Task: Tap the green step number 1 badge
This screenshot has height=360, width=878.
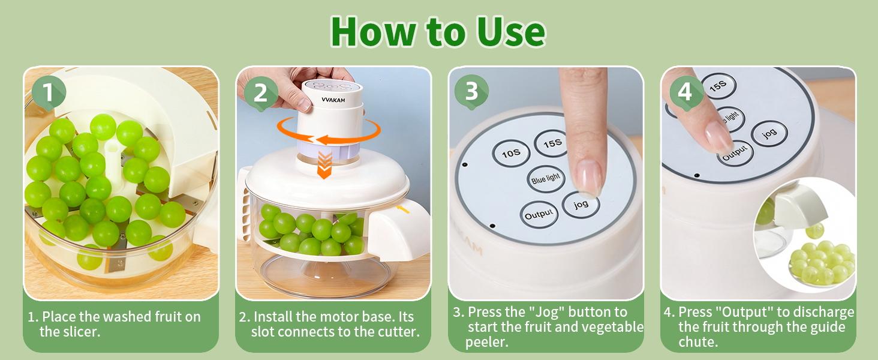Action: [x=48, y=93]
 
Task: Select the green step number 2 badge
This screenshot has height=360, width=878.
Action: [x=260, y=93]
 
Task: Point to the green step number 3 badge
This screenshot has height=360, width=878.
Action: [x=471, y=92]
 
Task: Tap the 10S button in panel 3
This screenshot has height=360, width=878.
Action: [x=510, y=154]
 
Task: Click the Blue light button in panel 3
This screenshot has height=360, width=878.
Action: [x=545, y=178]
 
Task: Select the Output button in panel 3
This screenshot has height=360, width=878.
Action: [x=539, y=215]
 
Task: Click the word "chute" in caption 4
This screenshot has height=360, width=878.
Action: [x=699, y=343]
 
